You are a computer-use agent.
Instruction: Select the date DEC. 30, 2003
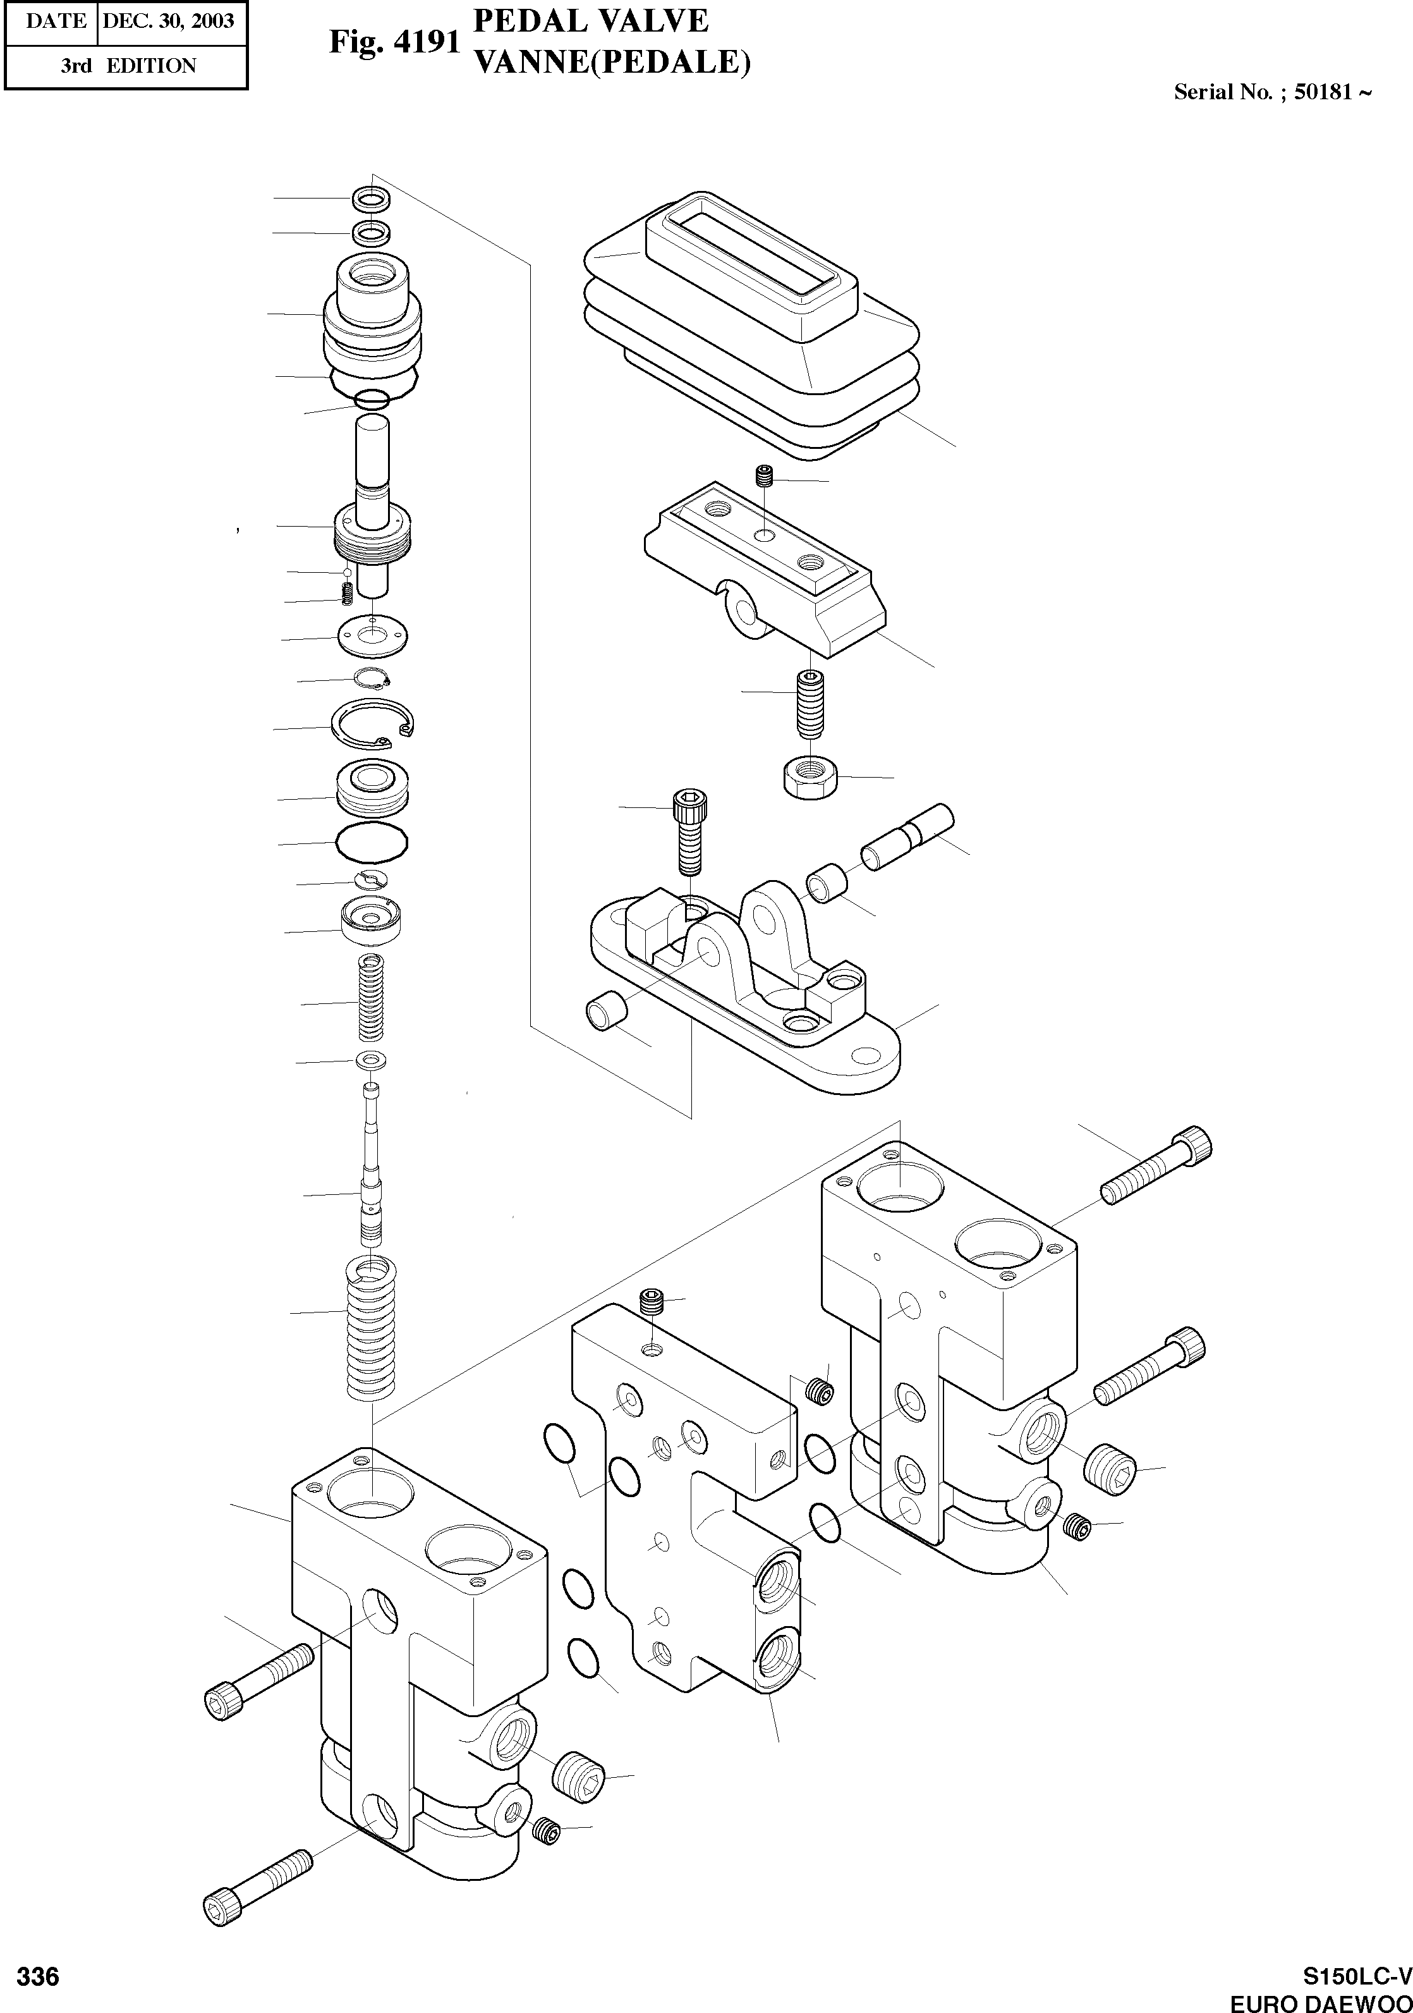(x=168, y=21)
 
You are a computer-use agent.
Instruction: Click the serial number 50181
(x=1324, y=93)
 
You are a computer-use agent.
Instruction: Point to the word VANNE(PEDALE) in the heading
(x=611, y=62)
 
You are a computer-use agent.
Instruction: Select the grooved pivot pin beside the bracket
(x=906, y=836)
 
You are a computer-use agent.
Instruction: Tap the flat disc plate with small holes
(x=373, y=635)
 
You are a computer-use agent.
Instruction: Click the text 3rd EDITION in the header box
(x=128, y=66)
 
